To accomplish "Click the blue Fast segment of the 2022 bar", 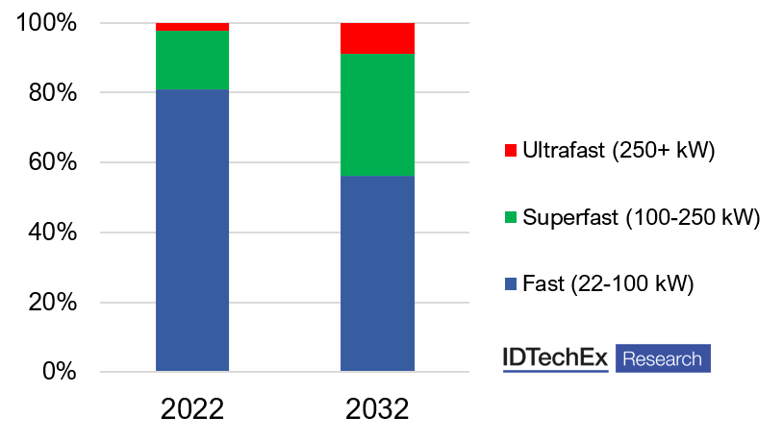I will (x=192, y=231).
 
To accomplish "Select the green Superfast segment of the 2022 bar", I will (x=192, y=61).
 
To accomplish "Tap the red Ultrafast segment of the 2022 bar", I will (x=192, y=27).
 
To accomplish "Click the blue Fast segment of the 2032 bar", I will (x=378, y=274).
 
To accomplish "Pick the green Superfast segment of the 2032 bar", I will (x=378, y=115).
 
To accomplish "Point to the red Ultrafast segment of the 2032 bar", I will (x=378, y=38).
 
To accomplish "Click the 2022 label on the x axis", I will (x=192, y=407).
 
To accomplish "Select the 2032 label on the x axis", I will (x=378, y=407).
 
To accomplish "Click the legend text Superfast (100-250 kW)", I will (x=642, y=218).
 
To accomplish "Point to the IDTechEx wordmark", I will (x=555, y=358).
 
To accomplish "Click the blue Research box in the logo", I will (x=663, y=358).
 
